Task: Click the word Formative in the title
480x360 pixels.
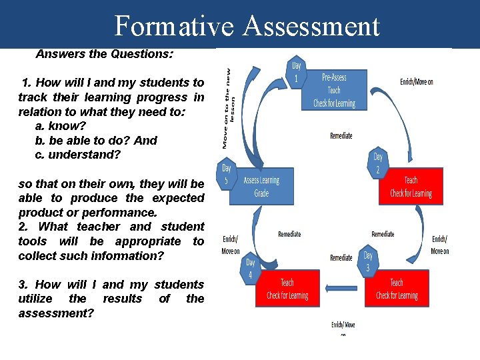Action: click(x=175, y=27)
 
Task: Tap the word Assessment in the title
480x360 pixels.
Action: click(x=311, y=27)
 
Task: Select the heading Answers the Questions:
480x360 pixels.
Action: click(x=105, y=53)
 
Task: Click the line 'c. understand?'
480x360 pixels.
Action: click(x=77, y=155)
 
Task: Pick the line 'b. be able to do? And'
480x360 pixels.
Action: click(x=95, y=141)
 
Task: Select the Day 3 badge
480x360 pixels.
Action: click(x=368, y=262)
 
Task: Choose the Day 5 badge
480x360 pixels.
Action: click(x=227, y=175)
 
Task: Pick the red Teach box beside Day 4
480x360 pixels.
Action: click(x=287, y=289)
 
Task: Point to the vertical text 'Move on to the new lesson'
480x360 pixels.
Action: click(x=229, y=107)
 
